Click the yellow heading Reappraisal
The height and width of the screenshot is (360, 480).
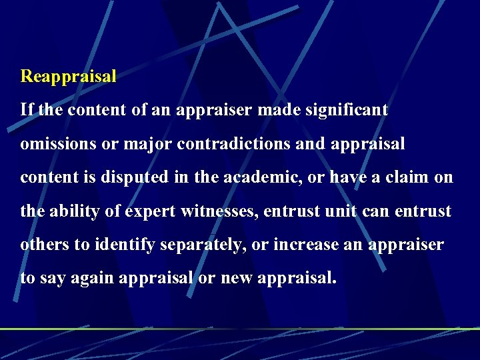pos(69,76)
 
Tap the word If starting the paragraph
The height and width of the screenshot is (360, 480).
pos(27,109)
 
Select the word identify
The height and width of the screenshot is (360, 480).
pos(121,245)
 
